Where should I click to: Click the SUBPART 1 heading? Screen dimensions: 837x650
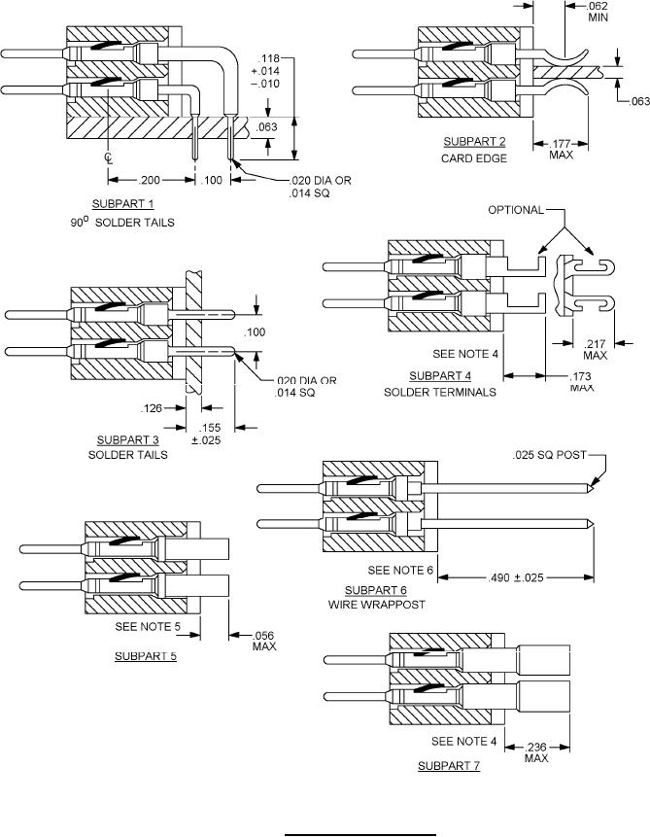pos(123,204)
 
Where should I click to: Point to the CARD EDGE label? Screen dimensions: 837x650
pos(474,158)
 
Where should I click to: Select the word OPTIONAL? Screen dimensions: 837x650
pos(515,210)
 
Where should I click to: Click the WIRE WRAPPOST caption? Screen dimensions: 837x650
pos(376,605)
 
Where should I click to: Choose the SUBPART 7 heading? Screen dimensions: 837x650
pos(450,766)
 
